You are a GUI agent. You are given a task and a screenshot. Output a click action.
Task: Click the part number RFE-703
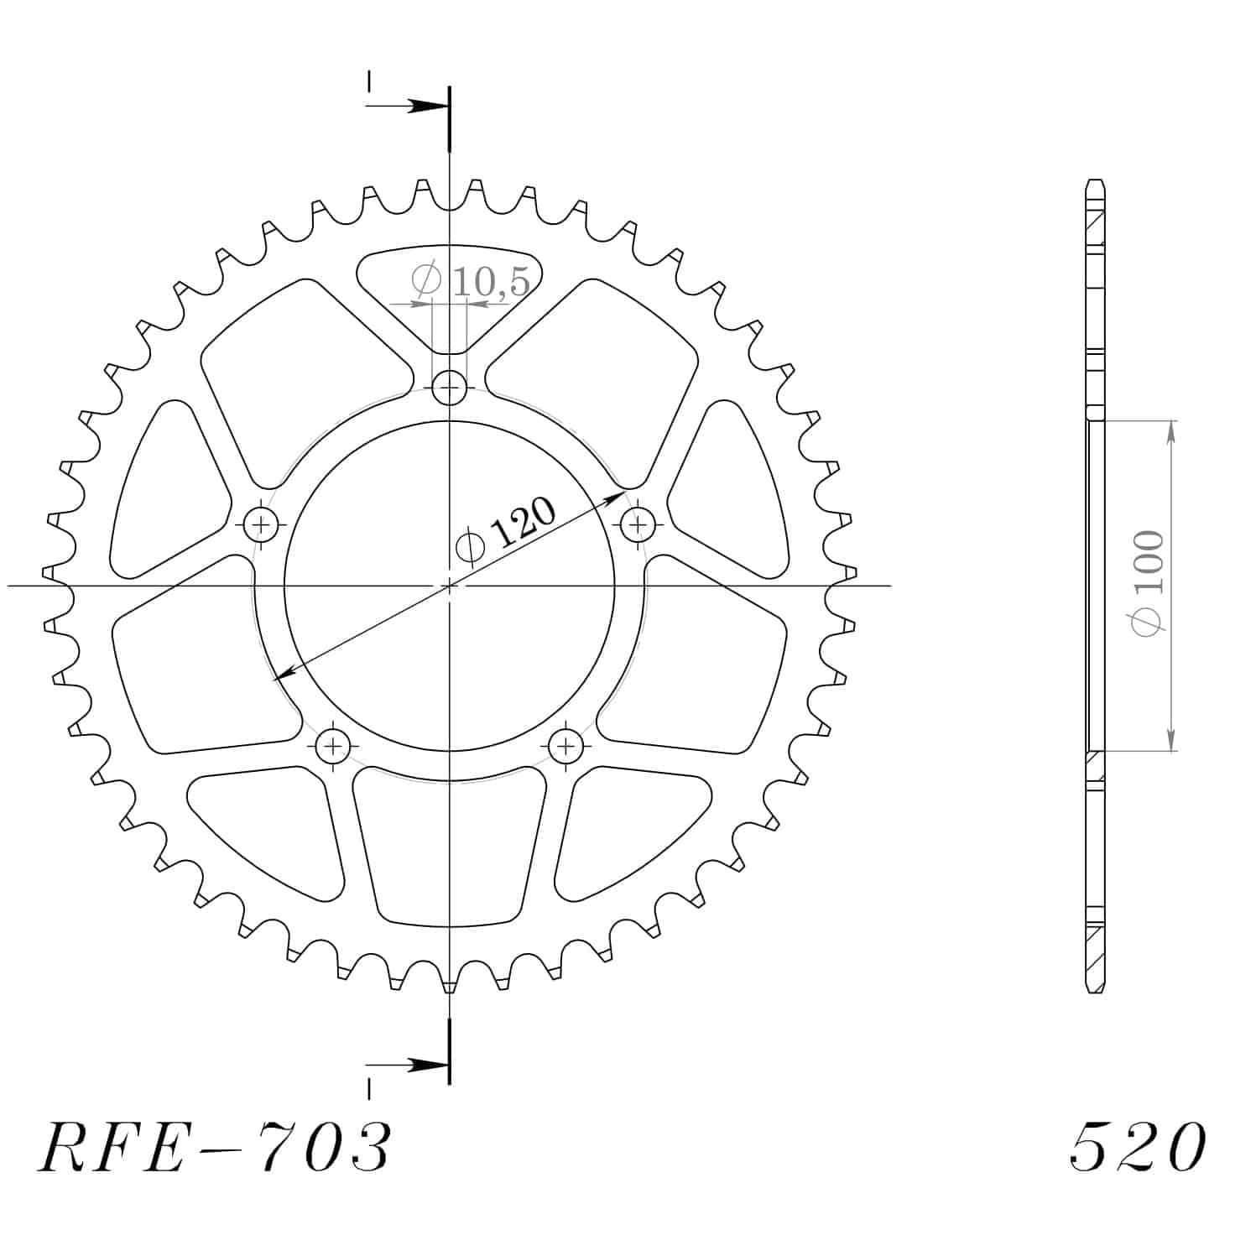[214, 1147]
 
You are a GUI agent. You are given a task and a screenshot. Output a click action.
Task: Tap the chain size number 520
[1139, 1147]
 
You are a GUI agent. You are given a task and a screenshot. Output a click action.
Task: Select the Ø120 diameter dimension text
[506, 532]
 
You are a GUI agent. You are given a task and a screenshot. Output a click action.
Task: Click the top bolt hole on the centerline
[450, 388]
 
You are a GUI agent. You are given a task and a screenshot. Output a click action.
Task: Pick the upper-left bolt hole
[262, 525]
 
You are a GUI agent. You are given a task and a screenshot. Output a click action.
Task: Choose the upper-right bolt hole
[638, 525]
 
